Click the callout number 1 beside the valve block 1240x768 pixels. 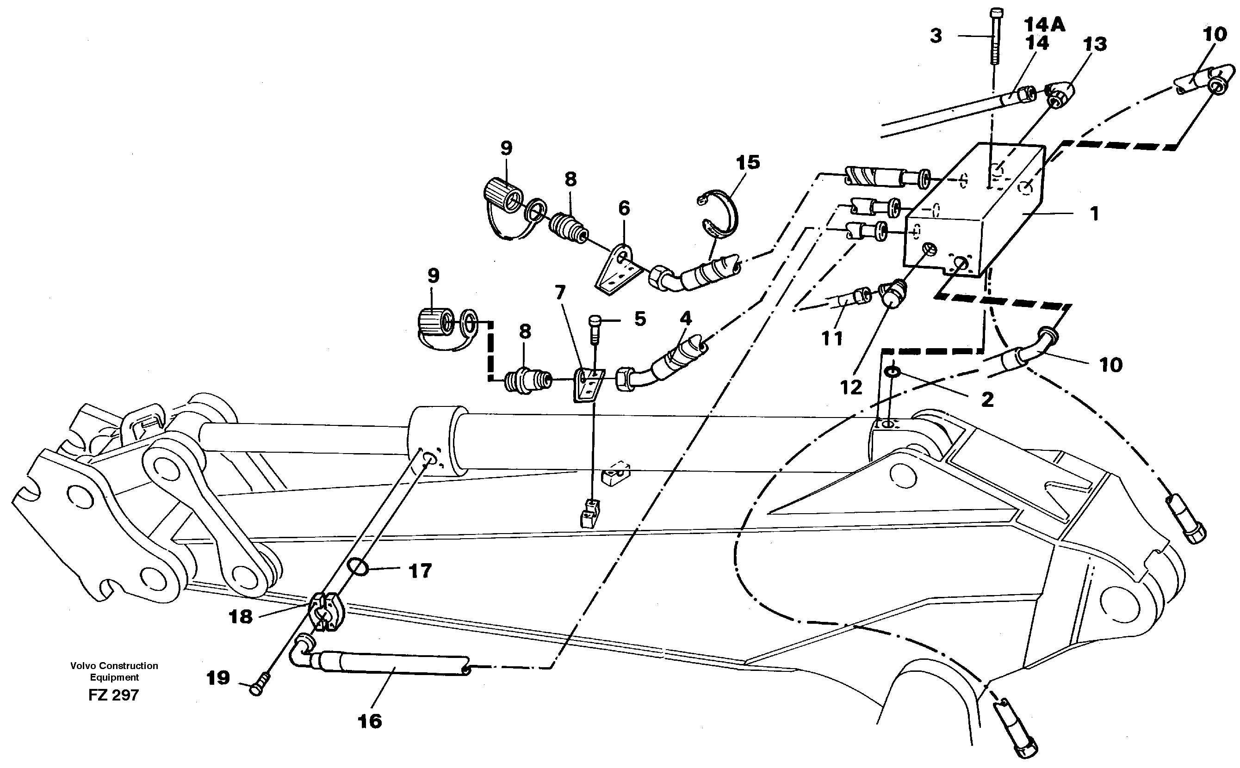click(x=1094, y=214)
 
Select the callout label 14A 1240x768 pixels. click(x=1044, y=25)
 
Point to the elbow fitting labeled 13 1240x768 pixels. click(x=1060, y=96)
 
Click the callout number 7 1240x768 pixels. click(x=559, y=293)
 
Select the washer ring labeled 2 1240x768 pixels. click(x=892, y=372)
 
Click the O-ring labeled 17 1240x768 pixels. click(x=359, y=567)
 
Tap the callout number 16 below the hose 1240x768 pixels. click(x=370, y=721)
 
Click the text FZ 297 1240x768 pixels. click(x=113, y=694)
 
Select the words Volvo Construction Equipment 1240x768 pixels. click(x=114, y=671)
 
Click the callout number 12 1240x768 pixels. click(x=851, y=387)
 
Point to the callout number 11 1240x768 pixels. click(x=832, y=338)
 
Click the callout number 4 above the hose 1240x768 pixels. click(x=686, y=319)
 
